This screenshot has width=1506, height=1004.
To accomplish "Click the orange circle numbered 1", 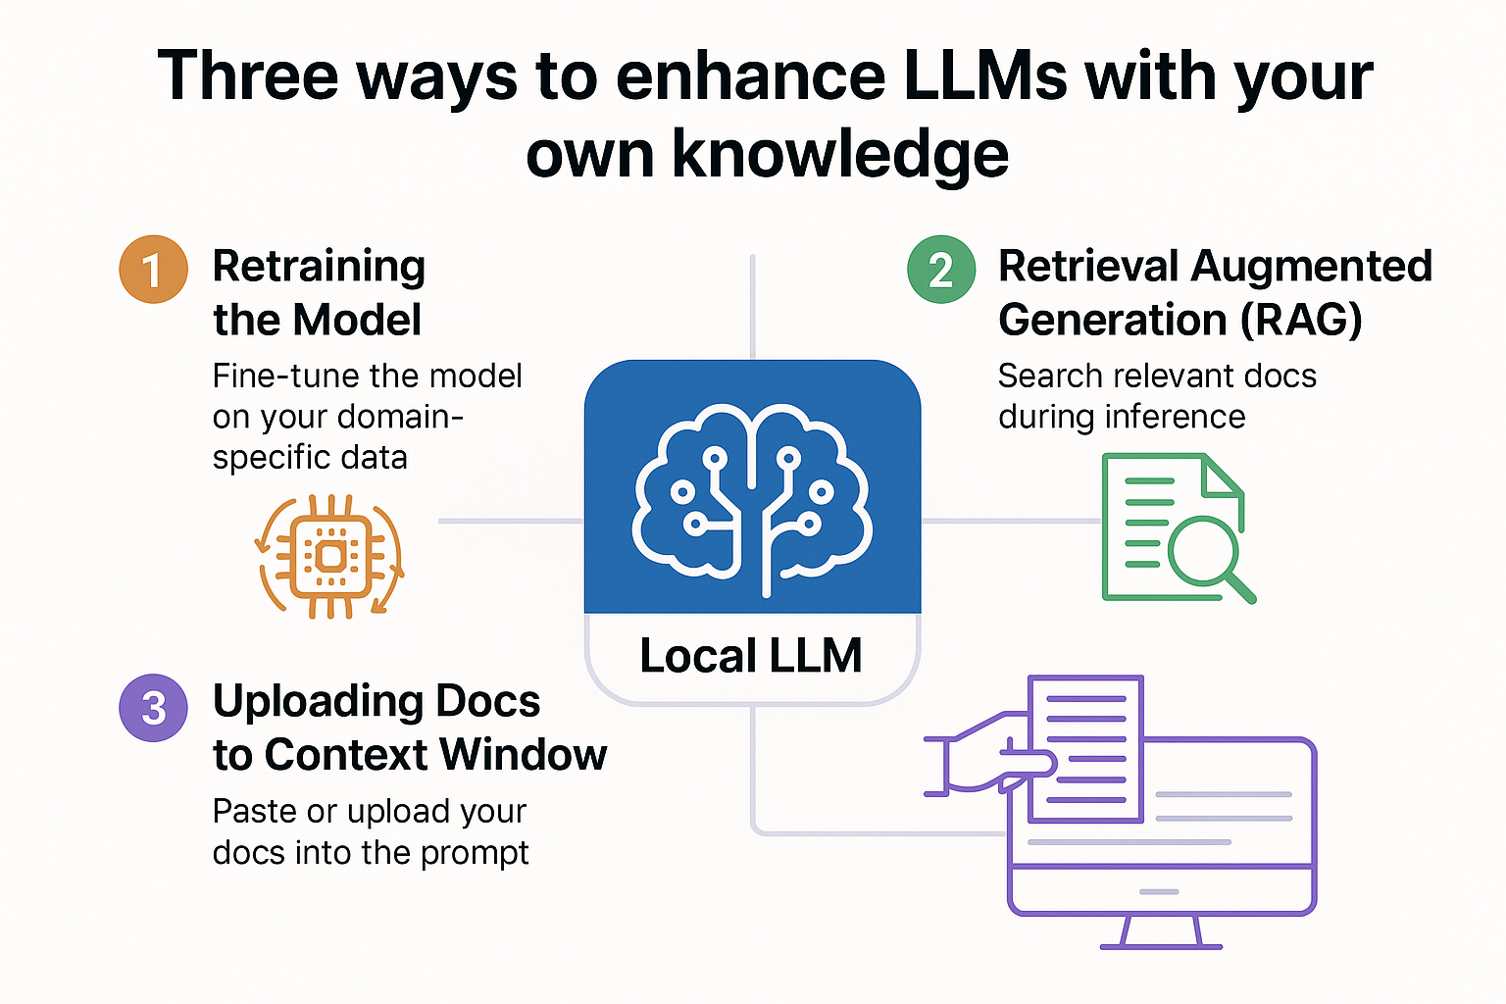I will click(153, 270).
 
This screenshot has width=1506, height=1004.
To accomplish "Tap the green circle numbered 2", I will click(940, 270).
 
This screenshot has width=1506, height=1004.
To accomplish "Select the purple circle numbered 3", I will click(153, 708).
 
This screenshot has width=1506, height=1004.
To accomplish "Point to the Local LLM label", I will click(751, 656).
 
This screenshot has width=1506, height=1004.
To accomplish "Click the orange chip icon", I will click(330, 557).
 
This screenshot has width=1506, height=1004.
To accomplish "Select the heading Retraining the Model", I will click(319, 292).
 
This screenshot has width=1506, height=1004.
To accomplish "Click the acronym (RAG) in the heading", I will click(1300, 320).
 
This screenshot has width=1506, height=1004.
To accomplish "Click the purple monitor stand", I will click(1161, 931).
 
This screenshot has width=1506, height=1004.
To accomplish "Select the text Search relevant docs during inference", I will click(1157, 396).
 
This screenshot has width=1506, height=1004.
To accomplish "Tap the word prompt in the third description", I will click(475, 853).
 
